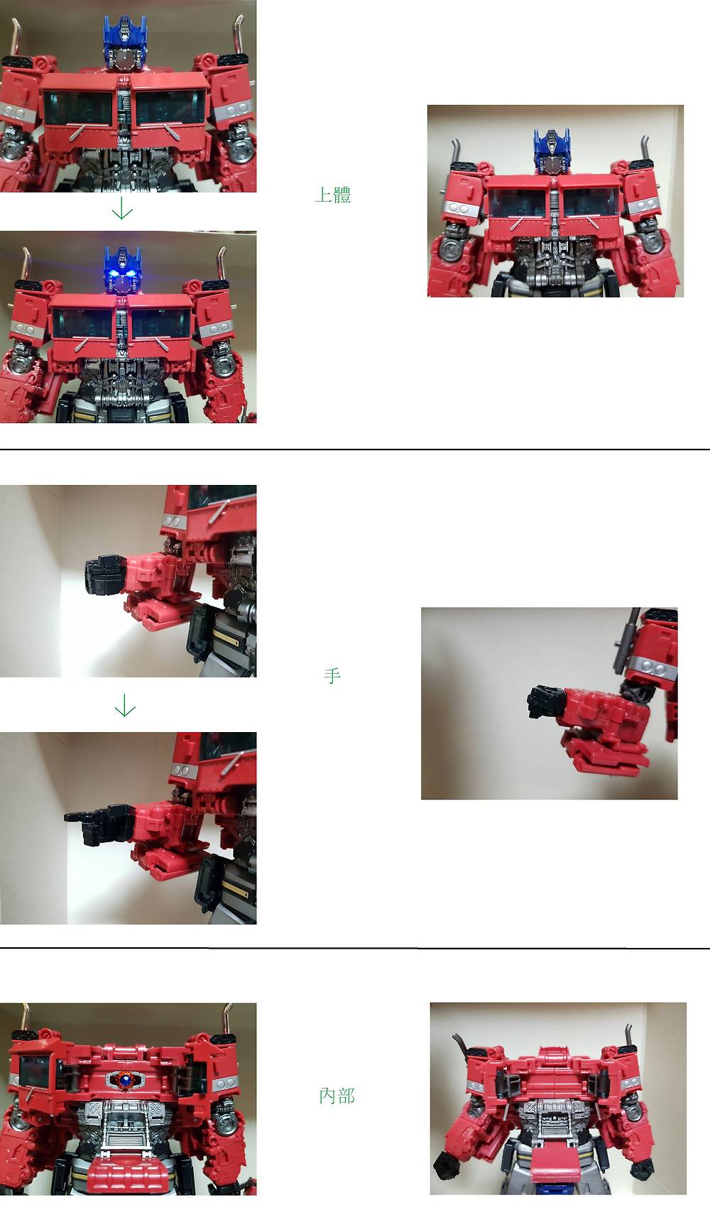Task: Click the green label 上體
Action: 333,195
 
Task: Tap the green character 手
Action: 332,675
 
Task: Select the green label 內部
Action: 337,1096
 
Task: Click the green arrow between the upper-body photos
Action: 123,208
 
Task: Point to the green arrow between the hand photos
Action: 125,705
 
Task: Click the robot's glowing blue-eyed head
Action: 123,270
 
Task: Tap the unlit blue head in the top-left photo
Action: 125,43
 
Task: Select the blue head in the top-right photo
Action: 552,151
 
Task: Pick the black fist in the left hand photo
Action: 105,575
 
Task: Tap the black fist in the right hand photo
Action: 547,703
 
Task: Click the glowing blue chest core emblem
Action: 125,1080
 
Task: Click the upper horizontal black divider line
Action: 355,449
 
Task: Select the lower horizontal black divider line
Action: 355,947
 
